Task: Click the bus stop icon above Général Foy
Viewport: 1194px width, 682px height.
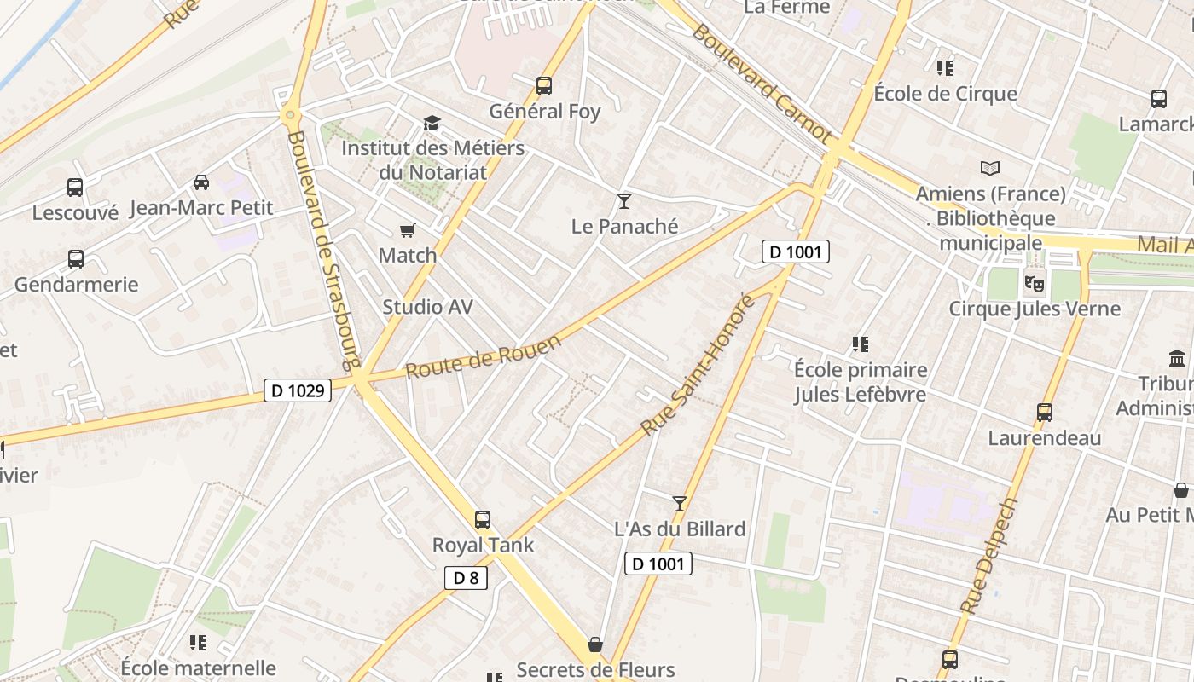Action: (x=544, y=85)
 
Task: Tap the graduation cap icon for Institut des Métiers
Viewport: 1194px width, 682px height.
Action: (x=432, y=124)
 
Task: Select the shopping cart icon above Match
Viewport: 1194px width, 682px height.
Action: (x=408, y=230)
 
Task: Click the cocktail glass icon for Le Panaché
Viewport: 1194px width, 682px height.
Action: (x=624, y=201)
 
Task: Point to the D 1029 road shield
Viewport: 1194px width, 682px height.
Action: (x=297, y=390)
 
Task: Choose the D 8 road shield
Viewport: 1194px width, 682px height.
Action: (x=466, y=577)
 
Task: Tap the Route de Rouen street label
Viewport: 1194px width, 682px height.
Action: (x=484, y=356)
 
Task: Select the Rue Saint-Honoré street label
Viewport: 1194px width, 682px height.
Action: (x=698, y=366)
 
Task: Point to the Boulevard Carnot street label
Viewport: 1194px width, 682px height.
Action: (x=761, y=83)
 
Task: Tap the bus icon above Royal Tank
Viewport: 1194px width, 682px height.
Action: (x=483, y=519)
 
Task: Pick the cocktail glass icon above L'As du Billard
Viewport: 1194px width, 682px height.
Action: (x=680, y=504)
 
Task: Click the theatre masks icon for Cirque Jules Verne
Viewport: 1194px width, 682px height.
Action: (x=1035, y=283)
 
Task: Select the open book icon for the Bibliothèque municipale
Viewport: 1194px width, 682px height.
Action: (x=990, y=168)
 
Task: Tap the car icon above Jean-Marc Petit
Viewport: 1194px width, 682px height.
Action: (x=201, y=182)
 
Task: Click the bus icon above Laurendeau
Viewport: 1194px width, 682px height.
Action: (x=1045, y=413)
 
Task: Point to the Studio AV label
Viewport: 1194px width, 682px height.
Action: (x=427, y=307)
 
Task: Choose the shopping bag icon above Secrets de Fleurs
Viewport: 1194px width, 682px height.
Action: (x=595, y=644)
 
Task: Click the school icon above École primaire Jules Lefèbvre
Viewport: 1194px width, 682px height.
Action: (x=861, y=344)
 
